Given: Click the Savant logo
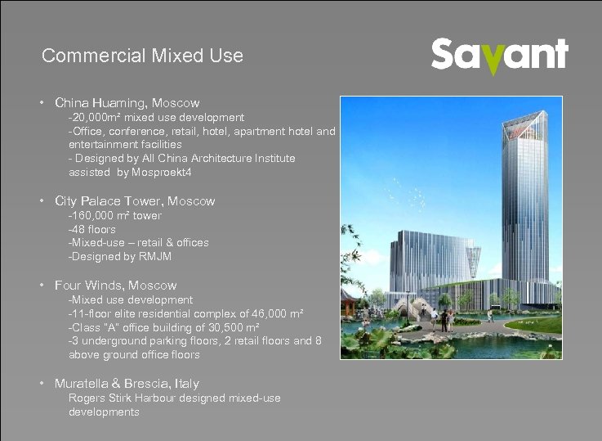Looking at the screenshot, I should [x=499, y=56].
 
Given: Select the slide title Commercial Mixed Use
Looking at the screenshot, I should [x=142, y=56].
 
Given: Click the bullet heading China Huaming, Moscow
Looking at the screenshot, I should [x=127, y=103].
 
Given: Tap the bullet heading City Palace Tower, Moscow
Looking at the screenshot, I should [x=135, y=200].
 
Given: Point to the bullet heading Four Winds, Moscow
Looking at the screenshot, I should [x=115, y=286].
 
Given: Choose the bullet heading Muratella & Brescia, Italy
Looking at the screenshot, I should [x=127, y=383].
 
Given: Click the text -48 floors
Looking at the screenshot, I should [x=92, y=229].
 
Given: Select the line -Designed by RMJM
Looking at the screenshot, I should [x=120, y=257].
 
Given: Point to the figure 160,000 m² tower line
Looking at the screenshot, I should [x=115, y=215].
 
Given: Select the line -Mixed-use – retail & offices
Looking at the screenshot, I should [x=138, y=243].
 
